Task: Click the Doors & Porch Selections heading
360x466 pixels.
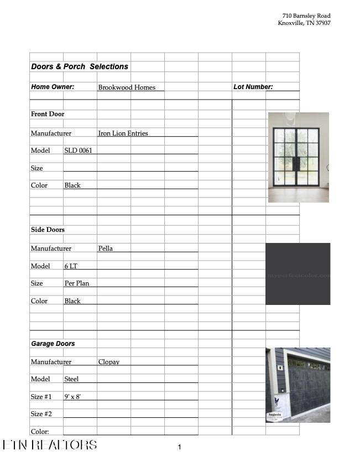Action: (x=80, y=66)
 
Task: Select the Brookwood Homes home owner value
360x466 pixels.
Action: (x=127, y=87)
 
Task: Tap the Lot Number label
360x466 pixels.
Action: (x=253, y=87)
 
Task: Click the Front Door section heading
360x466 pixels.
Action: (x=48, y=114)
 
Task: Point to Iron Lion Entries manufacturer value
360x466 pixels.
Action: (x=123, y=133)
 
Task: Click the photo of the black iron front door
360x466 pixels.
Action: (x=298, y=157)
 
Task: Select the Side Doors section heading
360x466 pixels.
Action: (x=48, y=230)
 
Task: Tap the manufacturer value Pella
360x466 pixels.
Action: (x=105, y=248)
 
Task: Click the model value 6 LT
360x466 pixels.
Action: (x=71, y=266)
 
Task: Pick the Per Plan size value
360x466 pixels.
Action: (x=76, y=283)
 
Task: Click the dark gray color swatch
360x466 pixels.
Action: (x=298, y=273)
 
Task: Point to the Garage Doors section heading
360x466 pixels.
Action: (x=53, y=344)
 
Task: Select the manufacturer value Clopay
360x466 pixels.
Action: (x=108, y=362)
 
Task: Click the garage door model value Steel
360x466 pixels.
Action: (x=71, y=379)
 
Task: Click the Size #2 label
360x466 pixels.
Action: (x=41, y=414)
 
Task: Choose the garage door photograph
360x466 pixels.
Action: (x=298, y=385)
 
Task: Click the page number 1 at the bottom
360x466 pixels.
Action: (x=179, y=447)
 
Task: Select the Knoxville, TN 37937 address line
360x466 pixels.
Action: (x=304, y=23)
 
